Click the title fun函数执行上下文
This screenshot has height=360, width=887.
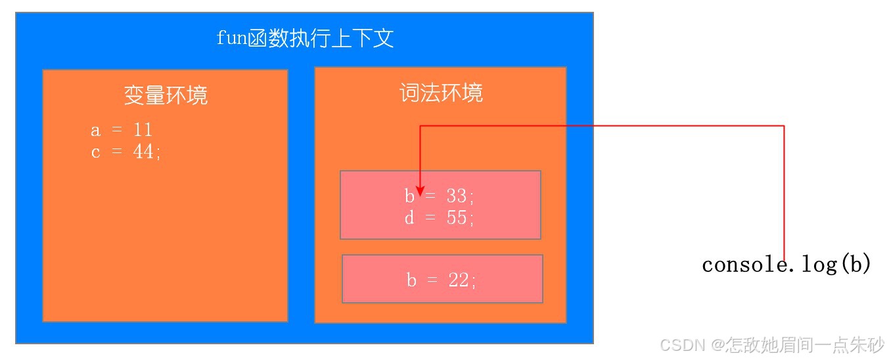tap(305, 38)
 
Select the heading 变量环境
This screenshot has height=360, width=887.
tap(166, 96)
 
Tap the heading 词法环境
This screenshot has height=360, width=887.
tap(441, 93)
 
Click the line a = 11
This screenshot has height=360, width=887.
tap(122, 130)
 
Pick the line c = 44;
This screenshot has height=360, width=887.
tap(125, 152)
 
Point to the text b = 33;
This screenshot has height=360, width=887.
tap(438, 196)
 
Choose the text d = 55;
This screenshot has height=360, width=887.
tap(439, 217)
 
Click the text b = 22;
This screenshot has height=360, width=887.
tap(441, 281)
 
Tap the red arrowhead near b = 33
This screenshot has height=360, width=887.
tap(421, 190)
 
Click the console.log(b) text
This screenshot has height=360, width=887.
tap(786, 265)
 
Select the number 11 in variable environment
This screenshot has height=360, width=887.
tap(143, 130)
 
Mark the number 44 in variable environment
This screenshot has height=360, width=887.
tap(143, 152)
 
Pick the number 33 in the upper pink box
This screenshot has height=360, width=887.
tap(455, 196)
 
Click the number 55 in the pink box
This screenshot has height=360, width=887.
tap(456, 217)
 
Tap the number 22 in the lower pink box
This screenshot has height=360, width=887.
tap(459, 281)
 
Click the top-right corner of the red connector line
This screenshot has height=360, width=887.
tap(784, 125)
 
